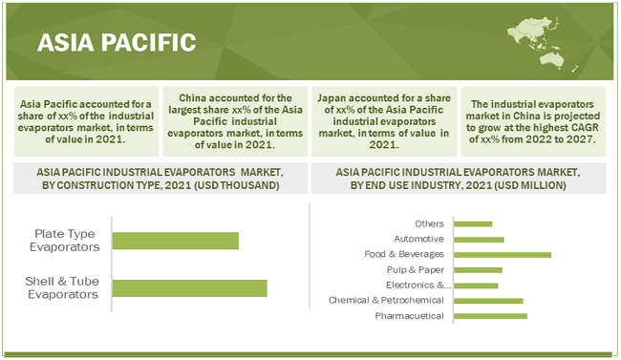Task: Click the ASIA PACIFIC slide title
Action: click(117, 42)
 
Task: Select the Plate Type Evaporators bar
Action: click(176, 241)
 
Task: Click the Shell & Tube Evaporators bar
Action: click(190, 288)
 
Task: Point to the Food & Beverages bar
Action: click(503, 255)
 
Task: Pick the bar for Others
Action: click(473, 223)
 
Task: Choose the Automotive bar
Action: click(479, 240)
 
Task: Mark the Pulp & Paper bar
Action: click(478, 270)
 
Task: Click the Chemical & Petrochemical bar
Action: click(488, 301)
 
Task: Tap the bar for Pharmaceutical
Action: click(490, 316)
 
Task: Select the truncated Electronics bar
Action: click(476, 286)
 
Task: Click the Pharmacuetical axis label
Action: click(410, 316)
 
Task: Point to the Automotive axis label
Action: click(419, 239)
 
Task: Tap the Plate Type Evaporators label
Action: click(65, 241)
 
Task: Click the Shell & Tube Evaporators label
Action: click(62, 288)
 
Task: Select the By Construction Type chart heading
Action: click(161, 179)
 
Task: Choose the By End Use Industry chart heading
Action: click(459, 179)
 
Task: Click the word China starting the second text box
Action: click(193, 97)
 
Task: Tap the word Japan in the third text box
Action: click(332, 97)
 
